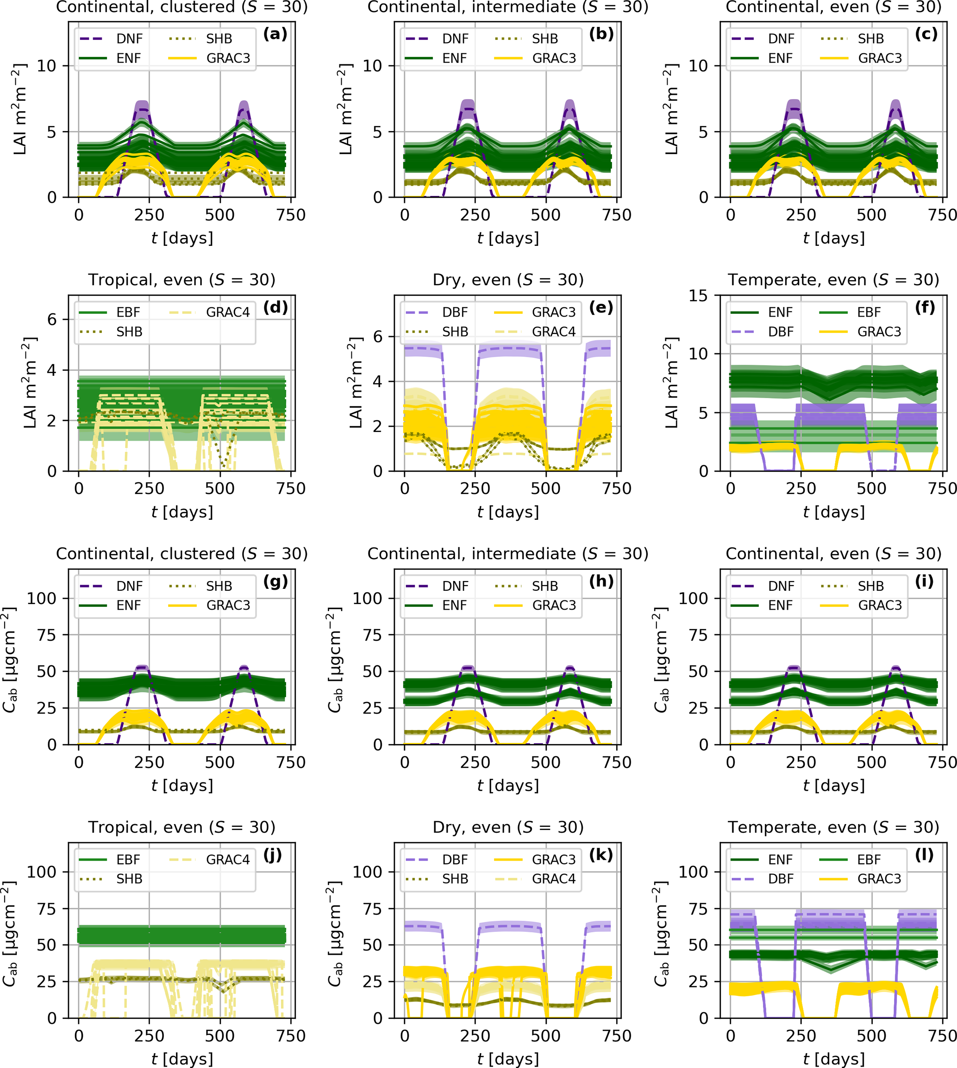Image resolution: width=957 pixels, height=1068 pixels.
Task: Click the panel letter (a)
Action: click(x=275, y=35)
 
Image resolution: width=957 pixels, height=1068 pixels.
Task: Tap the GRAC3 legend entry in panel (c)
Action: click(x=880, y=58)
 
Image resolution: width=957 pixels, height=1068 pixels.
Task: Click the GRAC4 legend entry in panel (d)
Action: click(x=228, y=312)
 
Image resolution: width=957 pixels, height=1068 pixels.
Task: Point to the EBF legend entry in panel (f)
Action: click(x=869, y=312)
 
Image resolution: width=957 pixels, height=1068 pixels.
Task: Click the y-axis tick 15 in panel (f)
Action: click(x=698, y=296)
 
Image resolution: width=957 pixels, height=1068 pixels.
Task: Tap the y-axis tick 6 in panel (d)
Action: click(x=51, y=320)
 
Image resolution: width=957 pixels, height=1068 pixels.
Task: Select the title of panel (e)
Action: click(x=508, y=280)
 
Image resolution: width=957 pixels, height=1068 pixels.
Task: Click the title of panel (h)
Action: click(x=508, y=554)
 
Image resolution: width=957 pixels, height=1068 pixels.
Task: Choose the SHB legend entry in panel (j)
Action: click(x=129, y=879)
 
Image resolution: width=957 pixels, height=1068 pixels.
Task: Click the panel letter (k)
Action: click(x=600, y=856)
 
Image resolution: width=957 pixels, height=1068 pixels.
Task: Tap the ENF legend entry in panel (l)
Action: click(x=780, y=860)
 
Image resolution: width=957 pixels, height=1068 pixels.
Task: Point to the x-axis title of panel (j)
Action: click(x=182, y=1059)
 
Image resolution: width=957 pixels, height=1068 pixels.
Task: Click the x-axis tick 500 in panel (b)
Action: click(x=545, y=215)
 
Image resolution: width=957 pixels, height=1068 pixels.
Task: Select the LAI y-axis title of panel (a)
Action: click(x=20, y=109)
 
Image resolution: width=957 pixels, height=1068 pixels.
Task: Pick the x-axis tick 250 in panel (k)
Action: click(x=475, y=1036)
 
